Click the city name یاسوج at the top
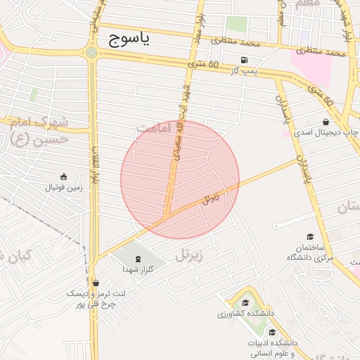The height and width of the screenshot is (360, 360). [x=130, y=40]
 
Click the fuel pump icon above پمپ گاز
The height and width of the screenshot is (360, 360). [x=244, y=60]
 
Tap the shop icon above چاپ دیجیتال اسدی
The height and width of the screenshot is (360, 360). [x=327, y=121]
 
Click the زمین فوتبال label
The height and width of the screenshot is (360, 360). [x=64, y=188]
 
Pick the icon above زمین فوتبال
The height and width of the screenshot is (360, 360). [x=64, y=176]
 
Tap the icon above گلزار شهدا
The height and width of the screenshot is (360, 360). [x=137, y=259]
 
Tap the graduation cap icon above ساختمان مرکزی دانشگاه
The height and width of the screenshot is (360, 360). [x=309, y=238]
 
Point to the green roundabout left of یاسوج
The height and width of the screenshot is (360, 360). [x=91, y=52]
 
